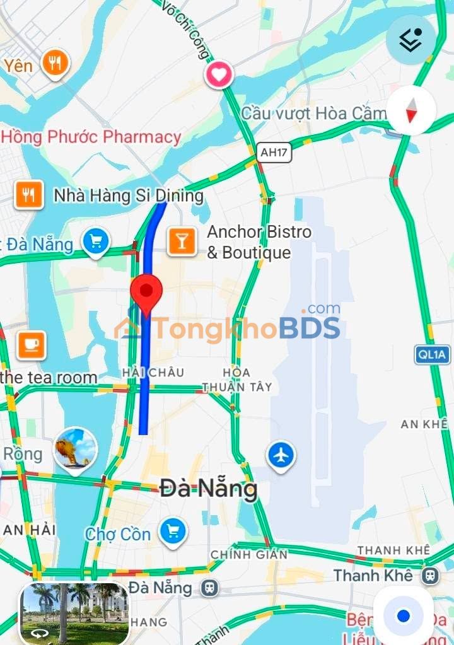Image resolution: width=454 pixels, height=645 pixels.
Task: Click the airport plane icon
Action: click(281, 455)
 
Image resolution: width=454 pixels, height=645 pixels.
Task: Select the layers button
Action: click(411, 40)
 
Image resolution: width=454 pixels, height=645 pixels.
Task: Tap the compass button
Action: click(411, 110)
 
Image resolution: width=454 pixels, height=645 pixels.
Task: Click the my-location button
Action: click(404, 615)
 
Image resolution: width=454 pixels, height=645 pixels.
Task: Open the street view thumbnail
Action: click(74, 613)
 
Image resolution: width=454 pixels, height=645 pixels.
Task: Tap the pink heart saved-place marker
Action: click(219, 76)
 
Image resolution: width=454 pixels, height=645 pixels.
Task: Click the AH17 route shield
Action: click(274, 152)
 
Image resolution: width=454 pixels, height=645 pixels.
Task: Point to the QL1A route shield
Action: click(433, 354)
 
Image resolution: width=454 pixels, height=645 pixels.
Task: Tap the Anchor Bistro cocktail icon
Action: click(182, 242)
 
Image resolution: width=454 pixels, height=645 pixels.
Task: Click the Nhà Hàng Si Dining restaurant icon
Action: click(29, 195)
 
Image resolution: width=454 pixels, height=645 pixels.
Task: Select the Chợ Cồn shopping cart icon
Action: click(173, 531)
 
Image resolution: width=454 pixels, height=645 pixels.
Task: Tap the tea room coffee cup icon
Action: click(32, 344)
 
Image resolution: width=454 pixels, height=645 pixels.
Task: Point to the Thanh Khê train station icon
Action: click(431, 575)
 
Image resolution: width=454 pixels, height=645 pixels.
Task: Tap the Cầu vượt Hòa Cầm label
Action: click(313, 113)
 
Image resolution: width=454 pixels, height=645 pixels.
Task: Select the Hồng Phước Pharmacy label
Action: click(91, 136)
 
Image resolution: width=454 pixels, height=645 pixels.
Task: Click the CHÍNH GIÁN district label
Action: click(249, 554)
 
